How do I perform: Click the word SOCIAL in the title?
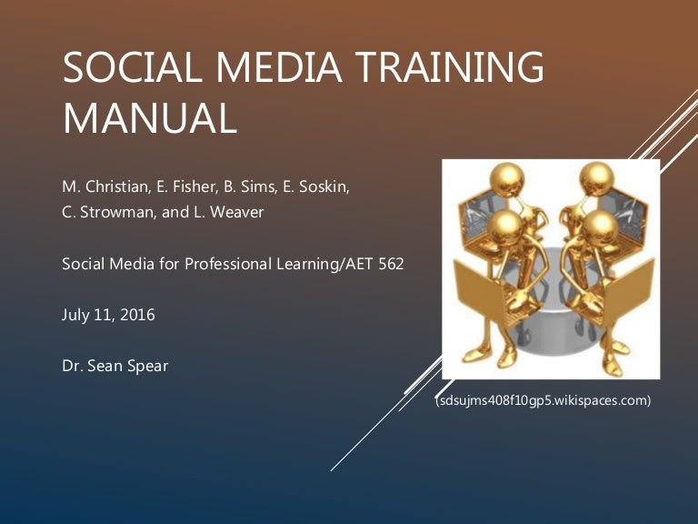point(132,66)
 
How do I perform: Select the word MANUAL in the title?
point(150,118)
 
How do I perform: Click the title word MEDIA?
point(279,66)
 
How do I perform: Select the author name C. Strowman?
point(109,212)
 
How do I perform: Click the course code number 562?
point(392,264)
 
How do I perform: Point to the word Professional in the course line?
point(228,264)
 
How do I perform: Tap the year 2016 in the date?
point(137,315)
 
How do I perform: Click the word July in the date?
point(75,316)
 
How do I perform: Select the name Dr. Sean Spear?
point(115,366)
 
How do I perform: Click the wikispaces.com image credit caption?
point(543,400)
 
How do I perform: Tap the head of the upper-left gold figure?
point(507,179)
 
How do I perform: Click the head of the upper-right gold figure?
point(597,178)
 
